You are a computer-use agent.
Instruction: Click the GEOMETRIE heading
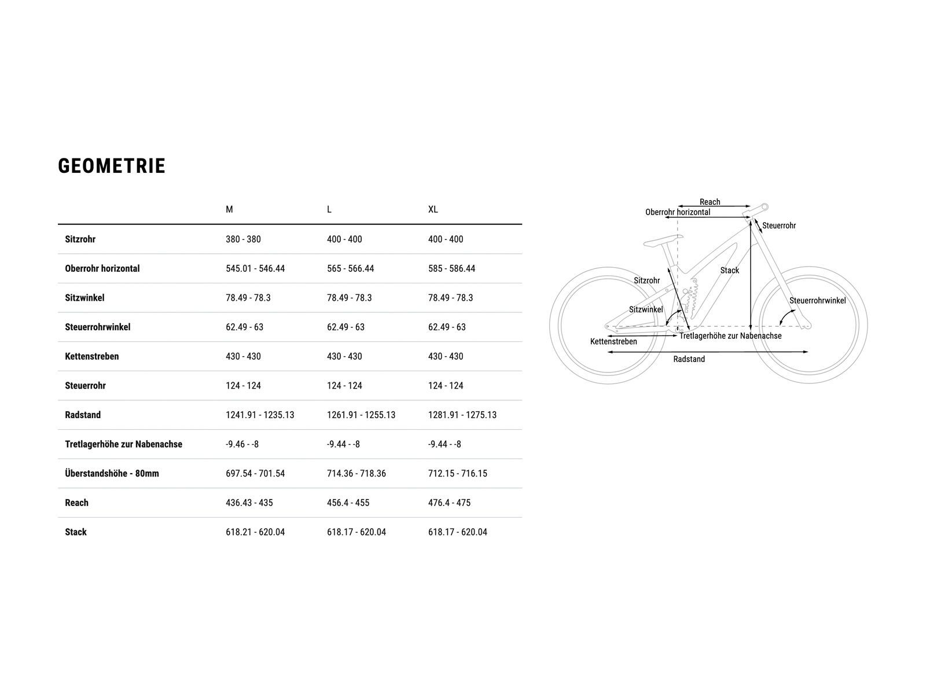tap(111, 166)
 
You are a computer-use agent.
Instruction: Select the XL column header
tap(433, 209)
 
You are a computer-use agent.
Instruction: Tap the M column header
tap(229, 209)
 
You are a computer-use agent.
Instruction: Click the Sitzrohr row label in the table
tap(80, 239)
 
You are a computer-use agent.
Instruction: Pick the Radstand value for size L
tap(361, 415)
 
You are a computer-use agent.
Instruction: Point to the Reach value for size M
tap(249, 503)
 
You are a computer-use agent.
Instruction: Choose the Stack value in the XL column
tap(458, 532)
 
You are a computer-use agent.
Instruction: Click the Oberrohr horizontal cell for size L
tap(351, 268)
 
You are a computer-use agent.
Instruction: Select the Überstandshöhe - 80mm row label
tap(112, 474)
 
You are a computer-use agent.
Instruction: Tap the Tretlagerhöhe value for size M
tap(242, 444)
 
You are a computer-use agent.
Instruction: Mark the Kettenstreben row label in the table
tap(92, 356)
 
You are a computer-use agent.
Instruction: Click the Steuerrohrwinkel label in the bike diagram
tap(818, 300)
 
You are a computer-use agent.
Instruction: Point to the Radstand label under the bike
tap(689, 359)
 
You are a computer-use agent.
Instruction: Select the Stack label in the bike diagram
tap(729, 271)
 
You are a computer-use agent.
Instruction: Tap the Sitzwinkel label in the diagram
tap(646, 310)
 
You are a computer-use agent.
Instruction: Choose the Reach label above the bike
tap(710, 202)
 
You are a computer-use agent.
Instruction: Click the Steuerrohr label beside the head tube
tap(779, 226)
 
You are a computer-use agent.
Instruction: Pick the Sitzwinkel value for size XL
tap(450, 298)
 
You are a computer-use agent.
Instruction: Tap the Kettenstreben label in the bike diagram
tap(613, 341)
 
